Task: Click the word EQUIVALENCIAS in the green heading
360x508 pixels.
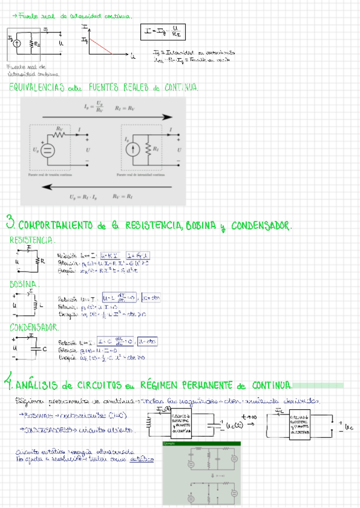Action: tap(35, 88)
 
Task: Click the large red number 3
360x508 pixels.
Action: tap(11, 222)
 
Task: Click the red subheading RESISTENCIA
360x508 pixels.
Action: tap(32, 240)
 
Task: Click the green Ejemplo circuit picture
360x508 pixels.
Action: tap(201, 473)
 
